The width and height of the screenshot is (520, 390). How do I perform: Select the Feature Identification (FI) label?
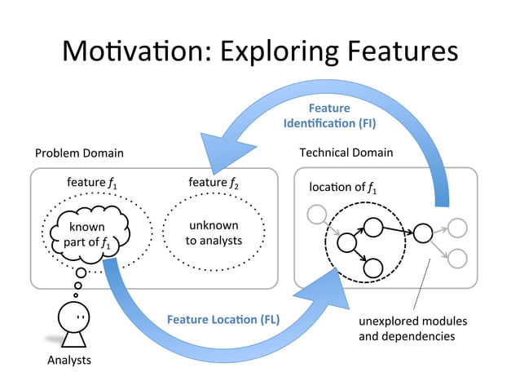click(329, 116)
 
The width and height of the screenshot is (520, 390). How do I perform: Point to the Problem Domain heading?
click(79, 153)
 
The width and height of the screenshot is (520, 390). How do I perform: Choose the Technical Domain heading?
click(346, 153)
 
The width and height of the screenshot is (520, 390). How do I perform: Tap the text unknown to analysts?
click(214, 233)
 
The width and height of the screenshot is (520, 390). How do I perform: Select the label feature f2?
click(214, 182)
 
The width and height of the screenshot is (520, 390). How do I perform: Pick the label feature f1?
click(91, 182)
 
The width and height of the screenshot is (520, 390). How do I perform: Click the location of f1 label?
click(342, 188)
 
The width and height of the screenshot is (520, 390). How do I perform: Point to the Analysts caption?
click(68, 360)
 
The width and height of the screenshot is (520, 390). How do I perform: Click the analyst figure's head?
click(74, 315)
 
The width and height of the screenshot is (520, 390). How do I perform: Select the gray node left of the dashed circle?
click(314, 215)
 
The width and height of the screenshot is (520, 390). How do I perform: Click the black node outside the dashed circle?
click(422, 233)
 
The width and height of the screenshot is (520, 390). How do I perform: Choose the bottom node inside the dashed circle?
click(373, 267)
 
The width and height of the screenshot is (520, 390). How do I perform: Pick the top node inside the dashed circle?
click(373, 226)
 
